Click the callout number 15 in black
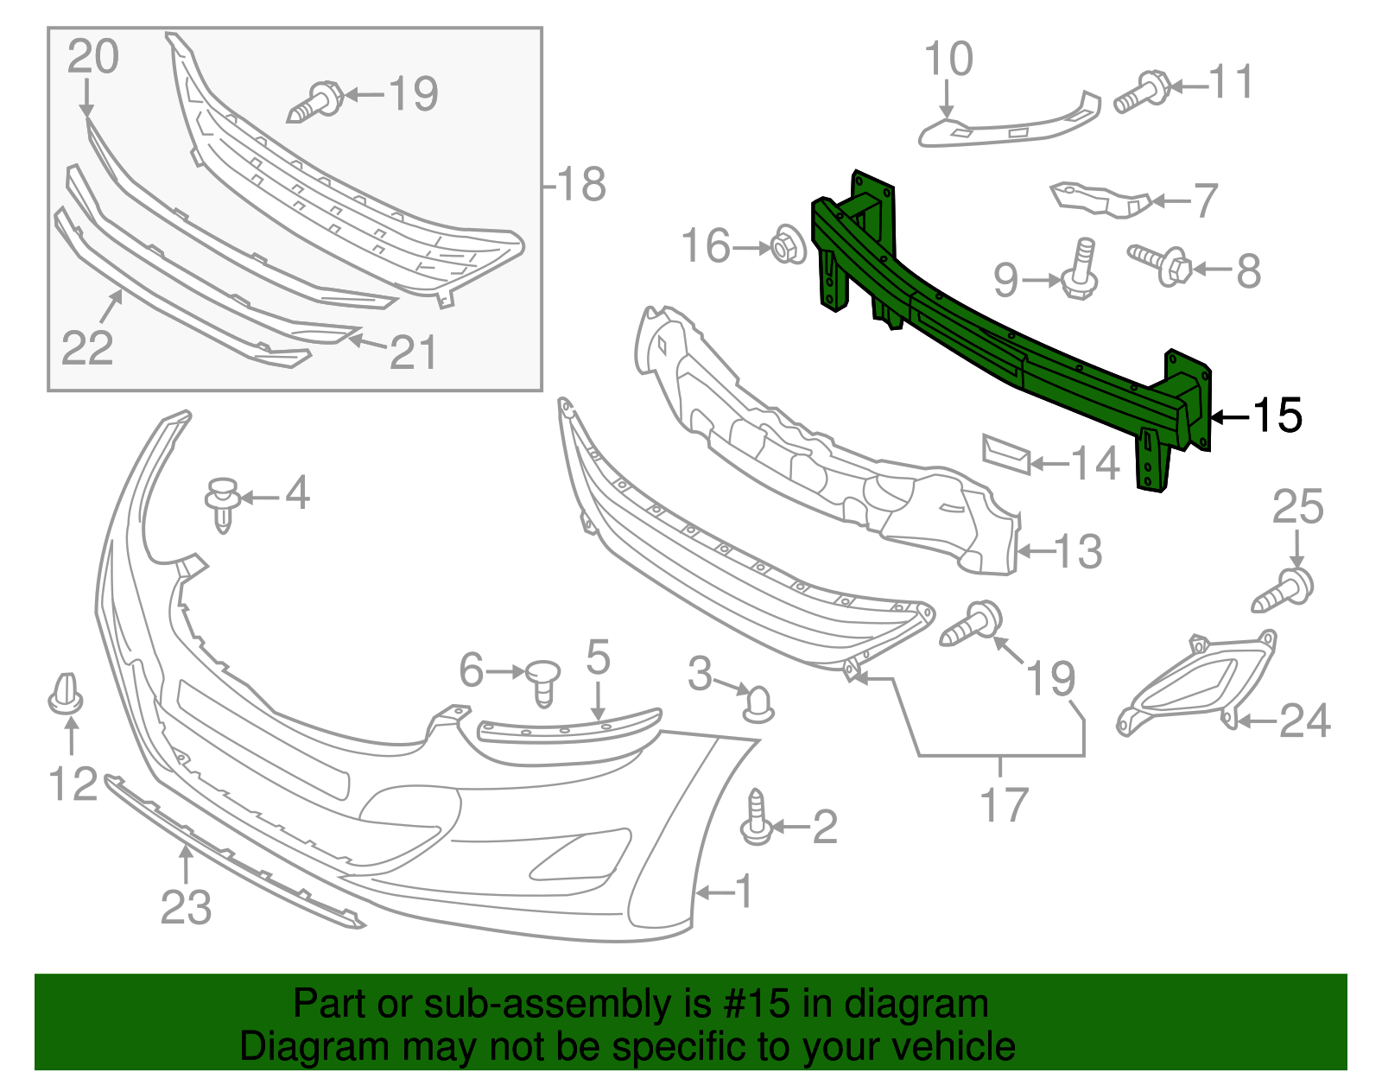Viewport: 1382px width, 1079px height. point(1277,416)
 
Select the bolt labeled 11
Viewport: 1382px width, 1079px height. point(1142,92)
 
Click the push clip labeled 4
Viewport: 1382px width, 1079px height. point(223,504)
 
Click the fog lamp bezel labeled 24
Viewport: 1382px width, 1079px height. point(1196,682)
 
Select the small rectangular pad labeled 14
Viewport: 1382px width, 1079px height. point(1006,454)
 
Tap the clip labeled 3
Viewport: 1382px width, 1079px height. point(758,704)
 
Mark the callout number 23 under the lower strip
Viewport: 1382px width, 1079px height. point(186,907)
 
